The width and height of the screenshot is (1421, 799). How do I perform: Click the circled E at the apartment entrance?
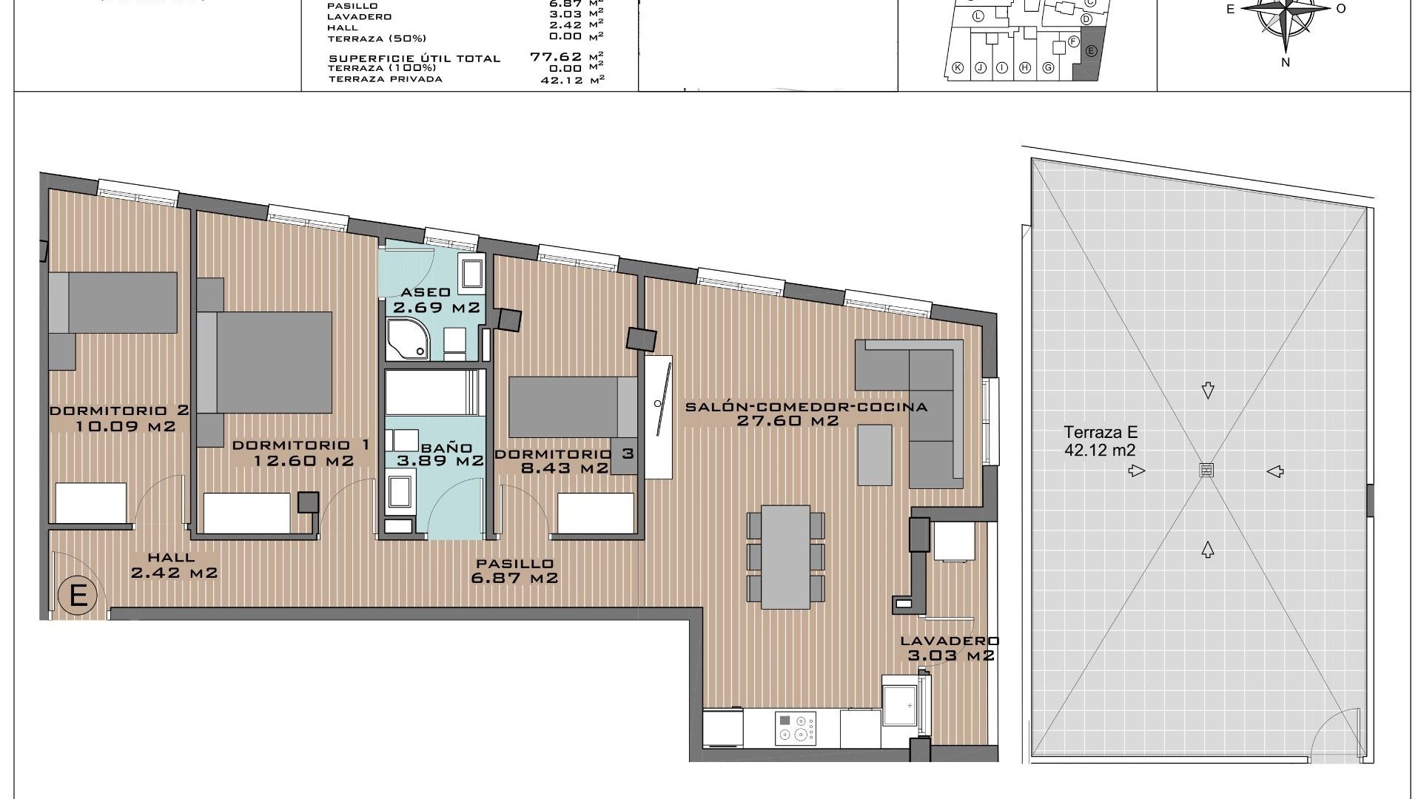(x=78, y=596)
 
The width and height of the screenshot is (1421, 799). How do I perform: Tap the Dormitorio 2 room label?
(x=119, y=411)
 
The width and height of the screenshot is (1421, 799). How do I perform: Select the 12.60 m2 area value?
(x=303, y=461)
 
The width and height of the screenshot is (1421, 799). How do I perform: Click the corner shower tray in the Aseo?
(x=406, y=340)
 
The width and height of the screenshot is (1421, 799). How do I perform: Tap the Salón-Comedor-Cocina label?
(x=806, y=407)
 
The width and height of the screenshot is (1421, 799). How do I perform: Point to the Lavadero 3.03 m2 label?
(x=950, y=648)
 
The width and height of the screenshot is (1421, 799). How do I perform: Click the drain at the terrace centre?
(x=1206, y=471)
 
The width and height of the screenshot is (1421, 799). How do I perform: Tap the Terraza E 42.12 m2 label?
(x=1101, y=441)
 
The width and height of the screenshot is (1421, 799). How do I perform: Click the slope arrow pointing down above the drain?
(x=1208, y=390)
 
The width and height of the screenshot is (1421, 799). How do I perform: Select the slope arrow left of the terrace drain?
(x=1136, y=471)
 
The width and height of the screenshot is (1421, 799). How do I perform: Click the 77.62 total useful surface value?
(x=557, y=56)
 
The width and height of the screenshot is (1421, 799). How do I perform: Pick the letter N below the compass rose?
(x=1286, y=63)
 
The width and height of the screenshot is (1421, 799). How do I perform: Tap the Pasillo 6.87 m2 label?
(x=515, y=571)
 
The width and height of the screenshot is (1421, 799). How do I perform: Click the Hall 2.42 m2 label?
(x=172, y=565)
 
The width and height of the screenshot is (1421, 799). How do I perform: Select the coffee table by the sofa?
(x=876, y=455)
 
